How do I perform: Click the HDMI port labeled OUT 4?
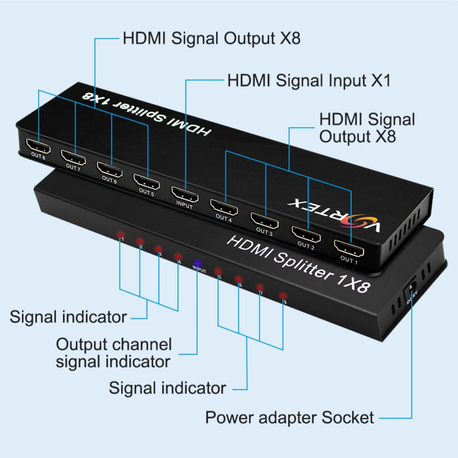(224, 208)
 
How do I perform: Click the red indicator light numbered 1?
(119, 235)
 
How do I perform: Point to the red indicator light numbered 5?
(218, 271)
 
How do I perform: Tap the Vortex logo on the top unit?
(335, 214)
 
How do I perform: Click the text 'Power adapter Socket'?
(289, 417)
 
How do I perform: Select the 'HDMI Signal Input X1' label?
(309, 81)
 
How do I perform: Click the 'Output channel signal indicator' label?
(114, 353)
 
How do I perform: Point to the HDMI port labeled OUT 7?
(74, 158)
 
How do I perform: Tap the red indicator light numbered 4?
(178, 257)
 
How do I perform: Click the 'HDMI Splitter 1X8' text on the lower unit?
(299, 265)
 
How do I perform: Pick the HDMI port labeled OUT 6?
(110, 170)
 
